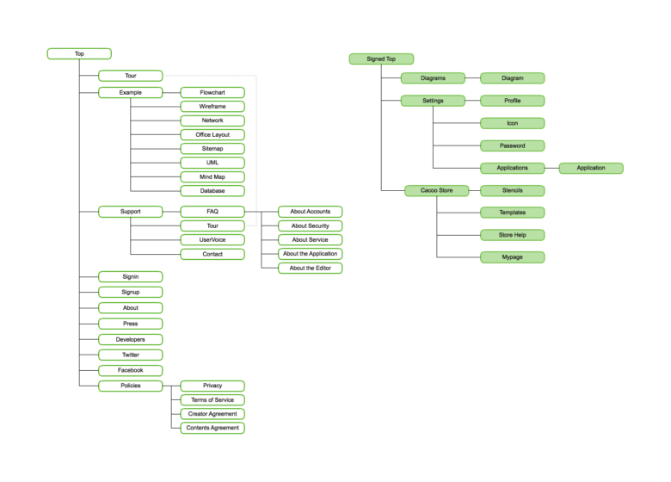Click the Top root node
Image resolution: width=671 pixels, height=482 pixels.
click(x=79, y=53)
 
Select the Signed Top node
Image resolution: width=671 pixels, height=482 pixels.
click(x=381, y=59)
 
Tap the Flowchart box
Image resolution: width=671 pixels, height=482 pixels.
click(x=212, y=92)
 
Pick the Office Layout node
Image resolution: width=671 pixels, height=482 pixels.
click(x=212, y=134)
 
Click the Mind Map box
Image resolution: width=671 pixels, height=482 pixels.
click(x=212, y=176)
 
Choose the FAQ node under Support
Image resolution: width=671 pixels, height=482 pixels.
click(x=212, y=212)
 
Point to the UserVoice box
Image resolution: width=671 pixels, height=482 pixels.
click(x=212, y=240)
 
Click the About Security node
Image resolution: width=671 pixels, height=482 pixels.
click(x=311, y=226)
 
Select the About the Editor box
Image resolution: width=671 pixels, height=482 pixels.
click(x=311, y=268)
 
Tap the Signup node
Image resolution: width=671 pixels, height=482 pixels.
click(x=131, y=292)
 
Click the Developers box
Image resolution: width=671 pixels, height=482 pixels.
click(x=131, y=339)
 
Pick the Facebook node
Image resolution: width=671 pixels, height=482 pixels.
click(x=131, y=370)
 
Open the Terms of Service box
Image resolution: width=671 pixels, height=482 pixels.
click(x=212, y=400)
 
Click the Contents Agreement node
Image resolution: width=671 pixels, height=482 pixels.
click(x=212, y=428)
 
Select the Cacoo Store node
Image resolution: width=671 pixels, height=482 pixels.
click(x=436, y=190)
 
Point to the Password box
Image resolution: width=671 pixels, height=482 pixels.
click(x=512, y=145)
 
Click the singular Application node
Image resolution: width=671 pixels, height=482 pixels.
click(x=591, y=168)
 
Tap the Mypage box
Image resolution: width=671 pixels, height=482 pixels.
click(x=512, y=256)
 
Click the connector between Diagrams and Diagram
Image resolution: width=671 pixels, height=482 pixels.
click(x=472, y=78)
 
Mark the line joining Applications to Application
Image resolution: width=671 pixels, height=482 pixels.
click(x=551, y=168)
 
